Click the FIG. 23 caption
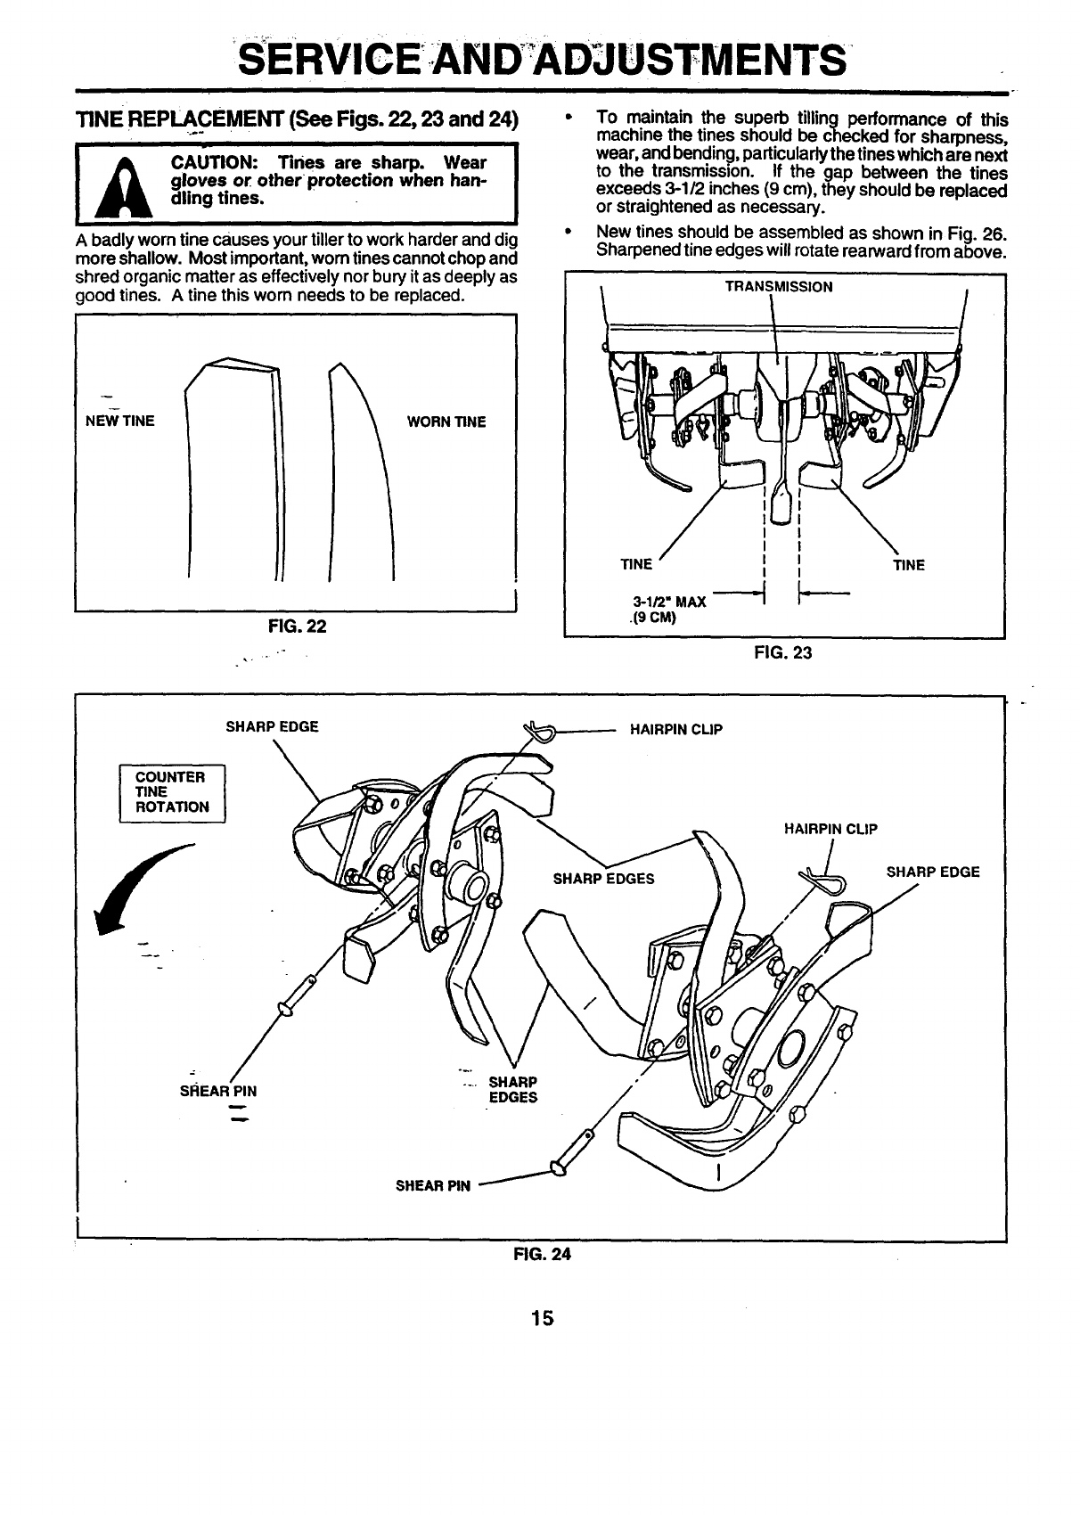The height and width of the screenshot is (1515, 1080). coord(782,653)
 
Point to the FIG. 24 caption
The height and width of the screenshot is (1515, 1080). coord(541,1254)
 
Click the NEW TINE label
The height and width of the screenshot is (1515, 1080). coord(119,422)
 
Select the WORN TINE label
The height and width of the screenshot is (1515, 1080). coord(446,422)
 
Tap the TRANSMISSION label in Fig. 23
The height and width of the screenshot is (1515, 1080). coord(778,287)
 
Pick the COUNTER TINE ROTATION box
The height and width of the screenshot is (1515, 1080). coord(173,792)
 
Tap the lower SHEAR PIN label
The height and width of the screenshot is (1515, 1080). coord(432,1185)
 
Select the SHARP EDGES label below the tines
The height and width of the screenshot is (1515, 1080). coord(512,1090)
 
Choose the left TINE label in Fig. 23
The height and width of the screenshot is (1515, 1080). coord(636,565)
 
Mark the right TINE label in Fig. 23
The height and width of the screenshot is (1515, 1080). coord(908,565)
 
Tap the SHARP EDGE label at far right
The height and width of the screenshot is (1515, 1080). coord(932,872)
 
